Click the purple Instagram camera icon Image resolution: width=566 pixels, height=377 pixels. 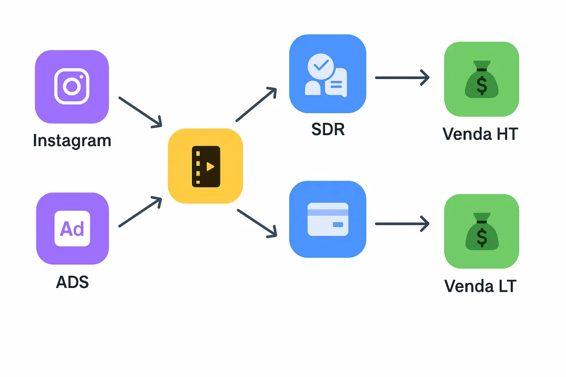(72, 87)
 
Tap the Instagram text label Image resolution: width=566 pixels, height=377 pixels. (72, 140)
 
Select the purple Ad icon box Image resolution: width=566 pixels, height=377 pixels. (72, 229)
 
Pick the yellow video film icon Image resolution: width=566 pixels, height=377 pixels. (206, 166)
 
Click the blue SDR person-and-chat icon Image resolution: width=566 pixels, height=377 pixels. (327, 74)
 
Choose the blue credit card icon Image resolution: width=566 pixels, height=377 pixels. (327, 219)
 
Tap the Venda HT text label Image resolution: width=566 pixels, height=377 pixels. (480, 134)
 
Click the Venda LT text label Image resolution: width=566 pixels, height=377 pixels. (480, 286)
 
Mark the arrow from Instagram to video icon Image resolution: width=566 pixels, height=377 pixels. (140, 112)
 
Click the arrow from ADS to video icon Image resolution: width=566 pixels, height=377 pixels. (140, 213)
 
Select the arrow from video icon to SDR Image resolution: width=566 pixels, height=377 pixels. (256, 105)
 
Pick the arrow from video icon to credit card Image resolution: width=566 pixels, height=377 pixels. (257, 222)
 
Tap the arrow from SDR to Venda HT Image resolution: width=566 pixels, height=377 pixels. (402, 77)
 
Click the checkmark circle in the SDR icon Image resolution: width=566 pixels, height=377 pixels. (321, 66)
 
